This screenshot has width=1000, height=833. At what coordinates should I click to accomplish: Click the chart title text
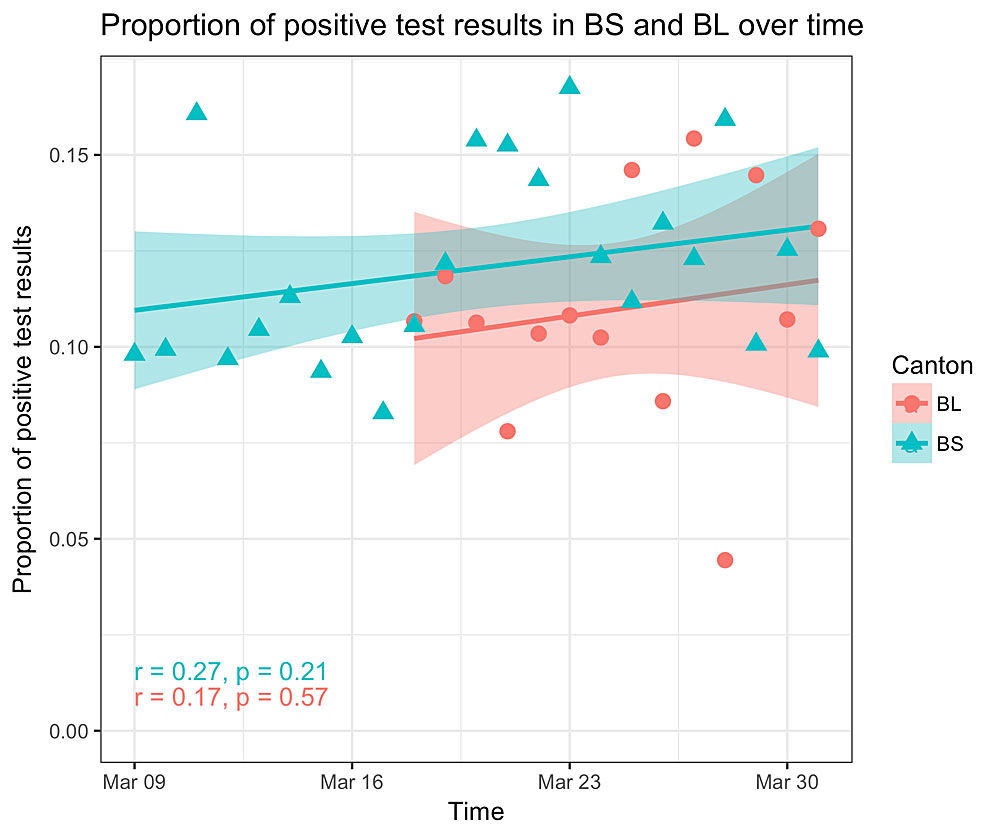tap(481, 28)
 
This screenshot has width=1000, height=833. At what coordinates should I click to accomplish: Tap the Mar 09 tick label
tap(134, 779)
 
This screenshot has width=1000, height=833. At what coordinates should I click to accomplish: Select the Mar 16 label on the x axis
tap(351, 779)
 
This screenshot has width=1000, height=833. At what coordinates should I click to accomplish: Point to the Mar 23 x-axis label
tap(569, 779)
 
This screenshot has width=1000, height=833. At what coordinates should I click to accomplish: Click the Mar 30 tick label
tap(786, 779)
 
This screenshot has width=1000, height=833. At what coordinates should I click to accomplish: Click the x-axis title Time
tap(475, 811)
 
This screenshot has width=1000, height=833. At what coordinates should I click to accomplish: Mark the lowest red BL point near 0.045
tap(725, 560)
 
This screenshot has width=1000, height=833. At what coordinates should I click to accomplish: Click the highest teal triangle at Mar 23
tap(569, 86)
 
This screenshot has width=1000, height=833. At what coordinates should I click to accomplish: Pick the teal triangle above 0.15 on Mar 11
tap(197, 112)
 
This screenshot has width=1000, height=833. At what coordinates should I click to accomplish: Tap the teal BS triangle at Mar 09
tap(134, 352)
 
